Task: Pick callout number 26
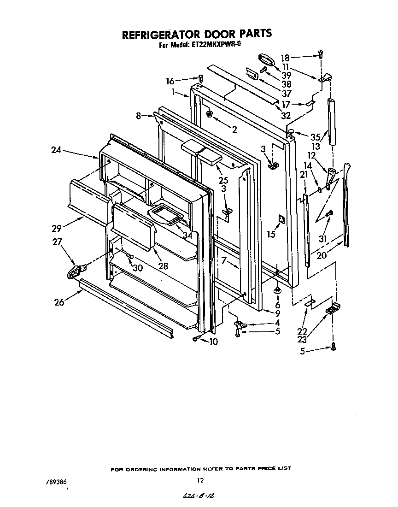point(59,303)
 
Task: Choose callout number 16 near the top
point(170,81)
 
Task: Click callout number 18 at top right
point(285,58)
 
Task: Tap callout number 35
point(315,137)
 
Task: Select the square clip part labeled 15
point(281,219)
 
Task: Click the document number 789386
point(57,481)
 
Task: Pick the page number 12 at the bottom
point(200,480)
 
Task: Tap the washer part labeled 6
point(277,291)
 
